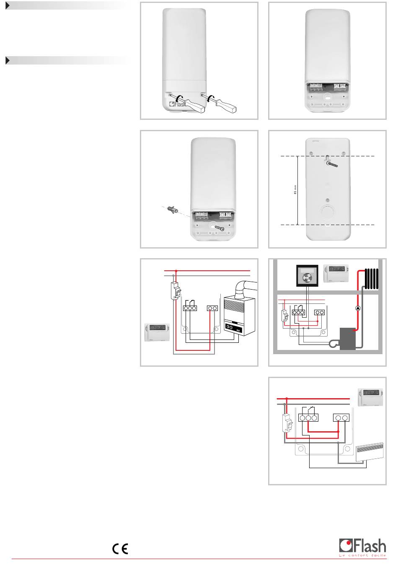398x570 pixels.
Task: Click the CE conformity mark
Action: click(x=120, y=549)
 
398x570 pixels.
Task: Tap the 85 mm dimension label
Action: click(x=295, y=191)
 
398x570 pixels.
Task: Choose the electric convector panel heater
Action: click(x=370, y=452)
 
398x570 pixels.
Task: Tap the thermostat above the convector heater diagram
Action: click(x=371, y=396)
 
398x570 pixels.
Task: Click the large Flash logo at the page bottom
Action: click(x=362, y=546)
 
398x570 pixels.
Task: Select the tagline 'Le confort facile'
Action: click(x=362, y=556)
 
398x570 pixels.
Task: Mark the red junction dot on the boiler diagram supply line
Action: click(x=176, y=271)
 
